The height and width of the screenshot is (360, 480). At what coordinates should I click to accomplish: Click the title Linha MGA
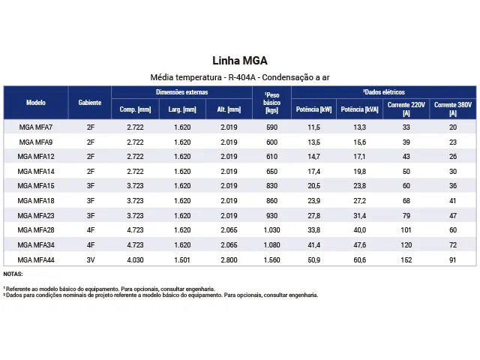tap(240, 61)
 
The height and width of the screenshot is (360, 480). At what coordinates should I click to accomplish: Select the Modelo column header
tap(36, 102)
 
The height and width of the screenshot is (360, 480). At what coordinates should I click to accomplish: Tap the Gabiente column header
tap(90, 102)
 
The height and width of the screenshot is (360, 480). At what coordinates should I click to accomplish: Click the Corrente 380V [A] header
tap(452, 109)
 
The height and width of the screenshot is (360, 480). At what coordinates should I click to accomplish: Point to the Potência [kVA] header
tap(359, 109)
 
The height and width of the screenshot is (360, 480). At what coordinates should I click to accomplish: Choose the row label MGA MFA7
tap(36, 127)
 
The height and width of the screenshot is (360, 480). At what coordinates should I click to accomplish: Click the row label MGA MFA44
tap(36, 259)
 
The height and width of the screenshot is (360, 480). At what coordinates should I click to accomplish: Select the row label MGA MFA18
tap(36, 201)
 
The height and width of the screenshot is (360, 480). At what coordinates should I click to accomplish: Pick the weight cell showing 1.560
tap(271, 259)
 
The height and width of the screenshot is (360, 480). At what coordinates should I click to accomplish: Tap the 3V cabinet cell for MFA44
tap(90, 259)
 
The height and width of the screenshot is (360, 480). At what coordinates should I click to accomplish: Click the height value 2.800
tap(229, 259)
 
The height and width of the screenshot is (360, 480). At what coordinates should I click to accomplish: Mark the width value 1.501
tap(182, 259)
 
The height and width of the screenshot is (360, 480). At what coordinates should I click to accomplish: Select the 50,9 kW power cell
tap(313, 259)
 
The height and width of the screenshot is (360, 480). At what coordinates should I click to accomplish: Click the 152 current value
tap(406, 259)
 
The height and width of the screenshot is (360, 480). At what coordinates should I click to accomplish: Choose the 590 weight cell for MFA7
tap(271, 127)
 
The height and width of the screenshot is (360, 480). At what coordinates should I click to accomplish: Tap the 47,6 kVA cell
tap(359, 244)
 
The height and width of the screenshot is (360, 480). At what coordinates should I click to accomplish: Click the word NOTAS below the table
tap(13, 274)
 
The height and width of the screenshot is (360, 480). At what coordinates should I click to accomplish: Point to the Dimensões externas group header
tap(182, 92)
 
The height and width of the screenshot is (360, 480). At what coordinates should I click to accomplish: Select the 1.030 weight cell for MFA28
tap(271, 230)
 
